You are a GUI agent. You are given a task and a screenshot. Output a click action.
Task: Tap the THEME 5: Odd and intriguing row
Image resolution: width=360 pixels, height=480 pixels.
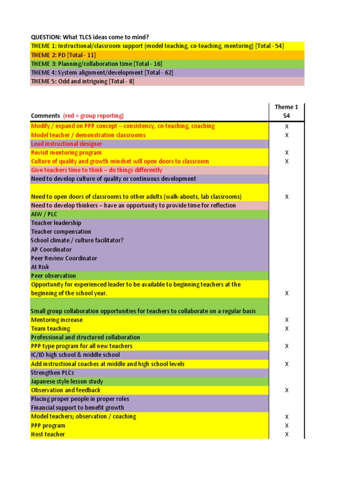82,81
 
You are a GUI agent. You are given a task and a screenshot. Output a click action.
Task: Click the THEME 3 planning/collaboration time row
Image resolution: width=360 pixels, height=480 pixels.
89,64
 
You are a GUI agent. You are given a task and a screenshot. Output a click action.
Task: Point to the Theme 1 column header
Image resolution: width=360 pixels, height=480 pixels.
286,107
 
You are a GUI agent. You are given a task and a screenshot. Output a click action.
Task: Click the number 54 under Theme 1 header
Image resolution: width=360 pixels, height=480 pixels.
286,115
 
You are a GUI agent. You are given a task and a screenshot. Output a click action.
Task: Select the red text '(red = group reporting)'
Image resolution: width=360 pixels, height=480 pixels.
93,116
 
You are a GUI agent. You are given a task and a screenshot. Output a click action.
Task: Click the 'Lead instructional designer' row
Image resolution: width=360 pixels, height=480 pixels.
66,144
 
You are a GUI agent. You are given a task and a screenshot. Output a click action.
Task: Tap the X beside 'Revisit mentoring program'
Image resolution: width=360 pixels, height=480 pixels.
287,153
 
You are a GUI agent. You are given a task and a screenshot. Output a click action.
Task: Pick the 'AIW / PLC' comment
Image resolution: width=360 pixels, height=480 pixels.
44,214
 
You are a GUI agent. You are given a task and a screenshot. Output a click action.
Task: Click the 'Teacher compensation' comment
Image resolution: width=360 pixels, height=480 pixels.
61,232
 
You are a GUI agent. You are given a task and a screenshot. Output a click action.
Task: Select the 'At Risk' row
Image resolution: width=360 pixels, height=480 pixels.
40,267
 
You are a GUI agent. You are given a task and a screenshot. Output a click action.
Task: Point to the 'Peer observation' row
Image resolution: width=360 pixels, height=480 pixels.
53,276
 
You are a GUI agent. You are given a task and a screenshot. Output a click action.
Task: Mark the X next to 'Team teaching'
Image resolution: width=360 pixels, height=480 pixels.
287,329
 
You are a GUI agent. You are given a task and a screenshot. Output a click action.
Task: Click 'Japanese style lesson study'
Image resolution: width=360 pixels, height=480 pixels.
67,382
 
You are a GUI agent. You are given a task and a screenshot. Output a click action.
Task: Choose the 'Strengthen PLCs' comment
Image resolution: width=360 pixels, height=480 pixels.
52,373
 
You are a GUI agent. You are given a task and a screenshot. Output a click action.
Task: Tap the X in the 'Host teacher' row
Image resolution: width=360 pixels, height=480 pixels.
287,434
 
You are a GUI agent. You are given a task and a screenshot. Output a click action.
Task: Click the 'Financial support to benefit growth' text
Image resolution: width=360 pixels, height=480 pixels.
77,408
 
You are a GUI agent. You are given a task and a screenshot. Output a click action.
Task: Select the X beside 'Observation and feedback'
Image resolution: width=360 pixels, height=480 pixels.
287,390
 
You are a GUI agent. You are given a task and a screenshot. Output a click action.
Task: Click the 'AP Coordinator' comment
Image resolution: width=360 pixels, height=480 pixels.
52,249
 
